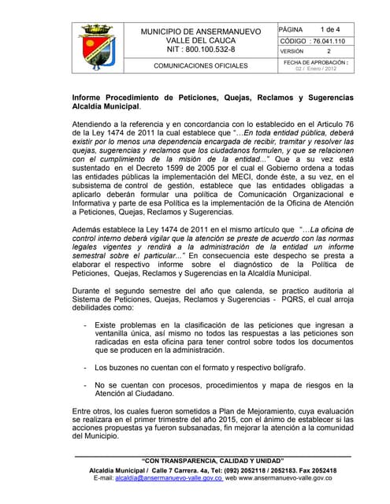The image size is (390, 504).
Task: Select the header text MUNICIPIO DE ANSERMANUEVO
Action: coord(200,31)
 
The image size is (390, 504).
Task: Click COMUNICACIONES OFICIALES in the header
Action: coord(200,66)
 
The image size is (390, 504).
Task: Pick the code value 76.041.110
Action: coord(335,41)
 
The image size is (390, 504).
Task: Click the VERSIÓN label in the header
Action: coord(293,51)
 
